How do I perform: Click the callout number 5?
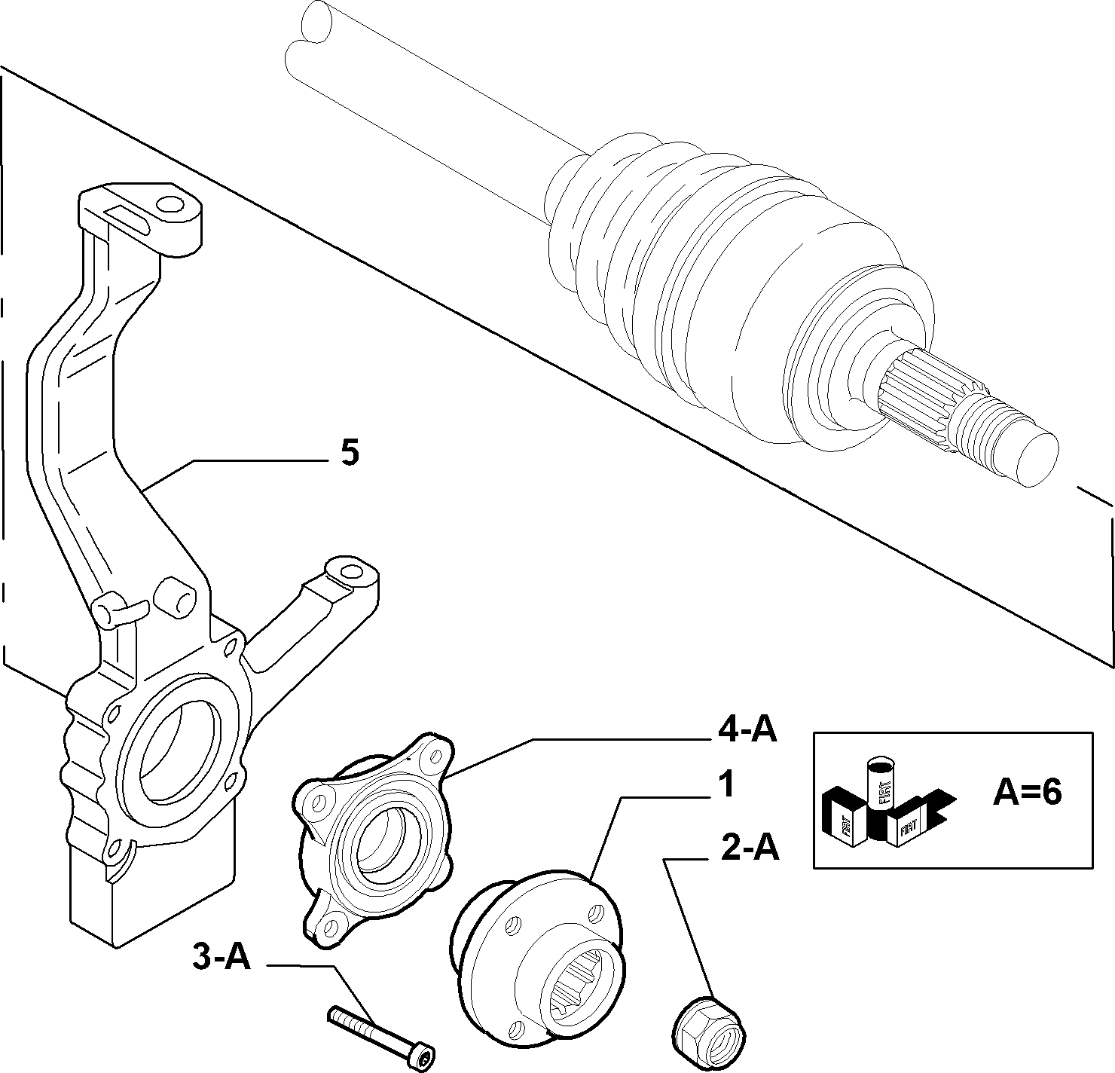pos(350,452)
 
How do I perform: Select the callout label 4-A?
pos(747,732)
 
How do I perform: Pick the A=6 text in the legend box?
pos(1027,793)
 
